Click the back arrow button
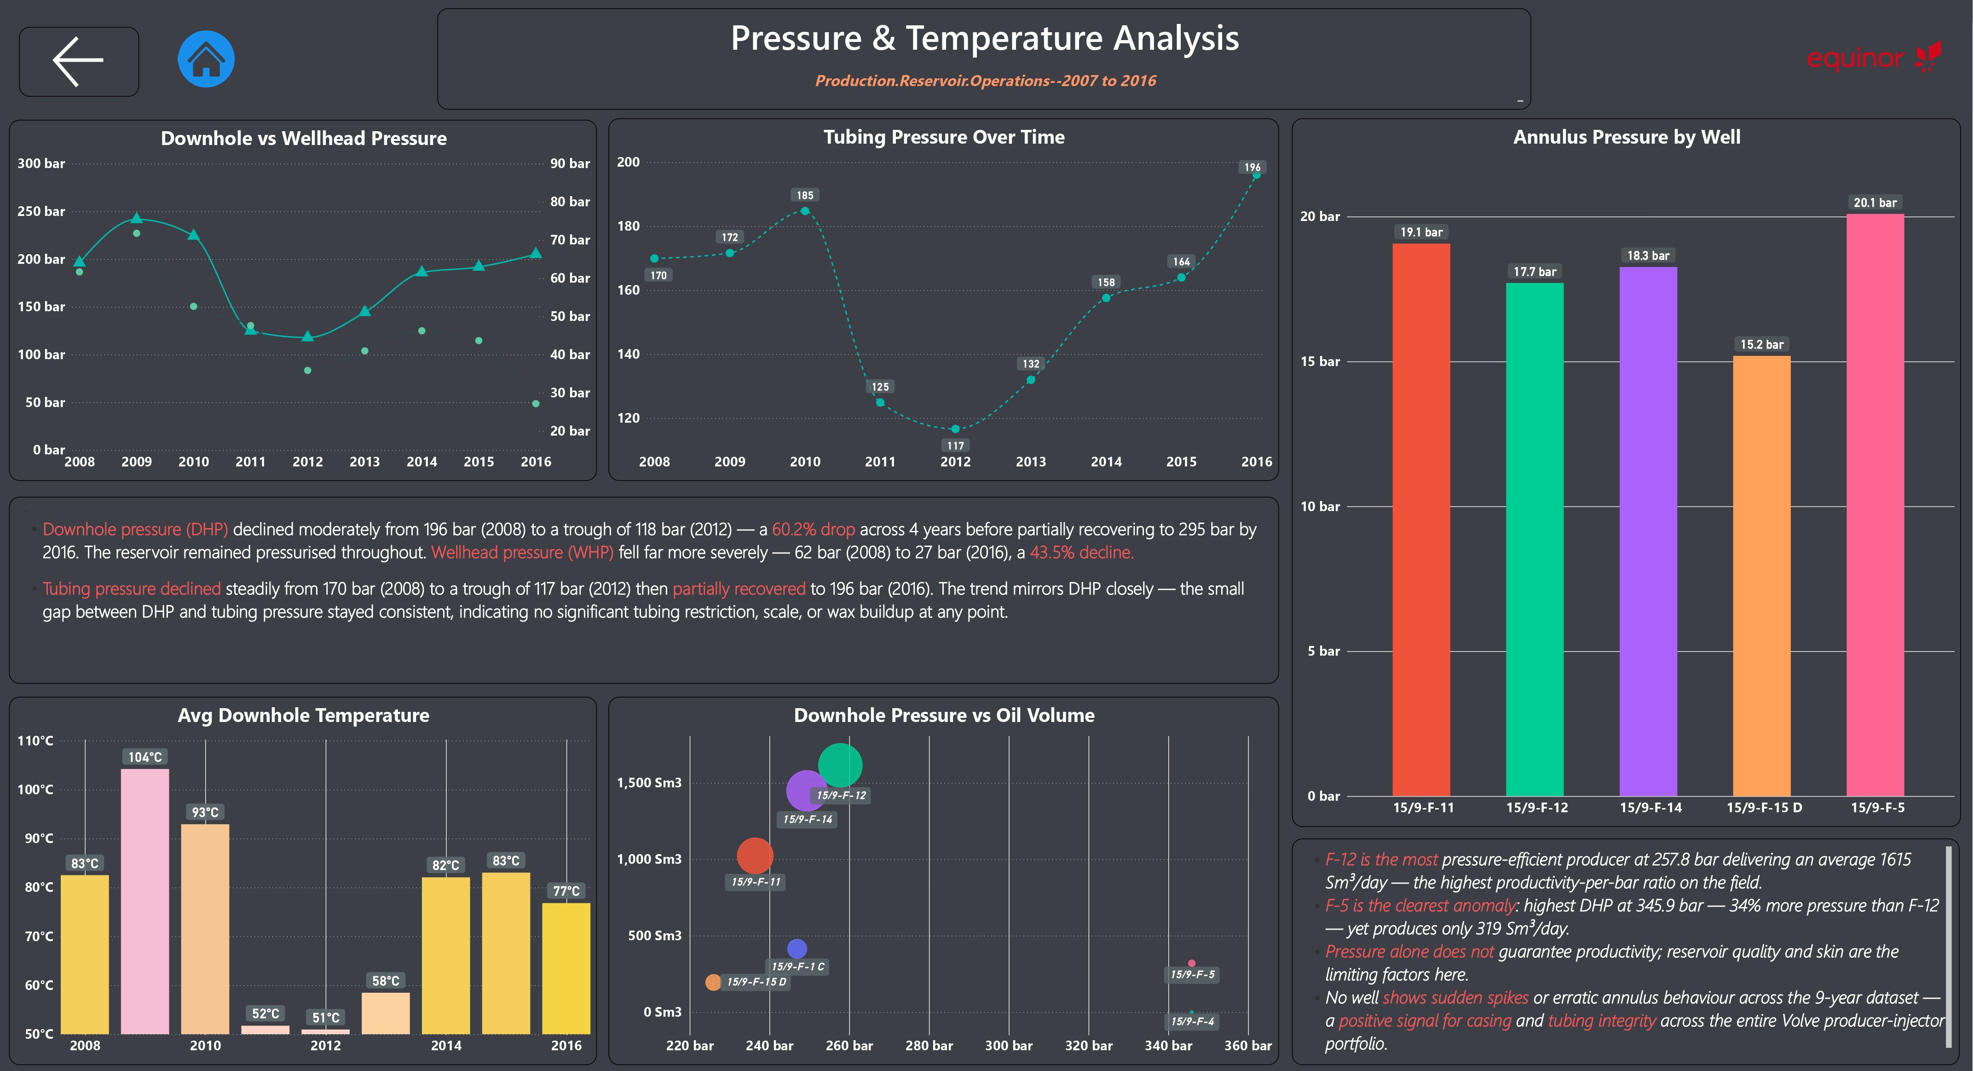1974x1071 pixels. pyautogui.click(x=79, y=61)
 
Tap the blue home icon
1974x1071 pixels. pyautogui.click(x=206, y=59)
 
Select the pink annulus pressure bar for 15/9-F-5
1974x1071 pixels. pyautogui.click(x=1875, y=505)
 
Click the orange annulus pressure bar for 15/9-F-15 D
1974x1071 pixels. pyautogui.click(x=1762, y=576)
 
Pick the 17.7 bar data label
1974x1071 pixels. pyautogui.click(x=1535, y=271)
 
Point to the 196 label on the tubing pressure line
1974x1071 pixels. pyautogui.click(x=1252, y=167)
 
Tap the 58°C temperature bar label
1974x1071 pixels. pyautogui.click(x=386, y=981)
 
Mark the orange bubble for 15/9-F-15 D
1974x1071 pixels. pyautogui.click(x=713, y=982)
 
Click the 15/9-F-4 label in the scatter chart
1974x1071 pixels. pyautogui.click(x=1192, y=1021)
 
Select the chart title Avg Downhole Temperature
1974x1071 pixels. pyautogui.click(x=303, y=715)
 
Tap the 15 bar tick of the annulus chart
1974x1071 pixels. pyautogui.click(x=1320, y=361)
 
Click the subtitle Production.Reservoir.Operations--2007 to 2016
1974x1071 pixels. pyautogui.click(x=986, y=81)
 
